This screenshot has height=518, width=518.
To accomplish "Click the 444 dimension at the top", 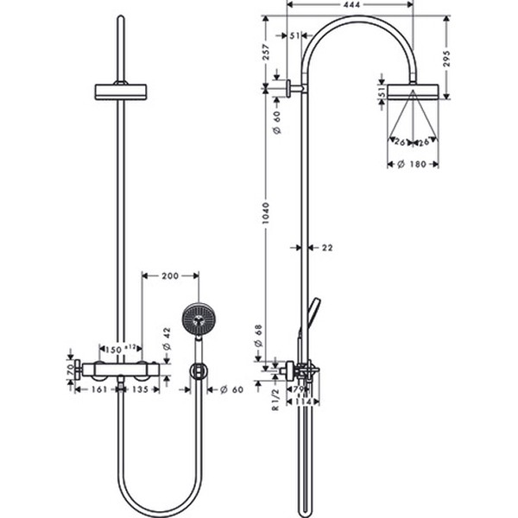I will (351, 5).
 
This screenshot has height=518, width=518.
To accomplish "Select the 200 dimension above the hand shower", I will (170, 276).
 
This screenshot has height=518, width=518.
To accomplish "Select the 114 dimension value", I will (304, 401).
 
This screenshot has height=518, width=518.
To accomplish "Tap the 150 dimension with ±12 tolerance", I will (118, 349).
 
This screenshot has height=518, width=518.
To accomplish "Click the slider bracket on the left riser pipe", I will (120, 91).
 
